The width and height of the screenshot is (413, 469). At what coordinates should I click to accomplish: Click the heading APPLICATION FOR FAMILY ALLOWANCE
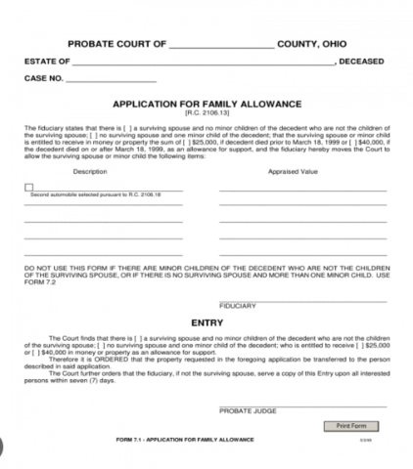click(206, 103)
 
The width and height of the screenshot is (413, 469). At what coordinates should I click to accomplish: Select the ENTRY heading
click(206, 320)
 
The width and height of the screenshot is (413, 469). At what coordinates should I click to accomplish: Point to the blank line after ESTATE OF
click(195, 62)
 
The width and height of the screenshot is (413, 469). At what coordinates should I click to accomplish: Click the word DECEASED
click(362, 62)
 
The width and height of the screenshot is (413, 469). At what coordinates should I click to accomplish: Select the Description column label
click(90, 171)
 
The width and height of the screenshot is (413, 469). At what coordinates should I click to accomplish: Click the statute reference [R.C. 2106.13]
click(206, 113)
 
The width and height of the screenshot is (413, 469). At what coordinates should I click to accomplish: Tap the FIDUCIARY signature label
click(238, 306)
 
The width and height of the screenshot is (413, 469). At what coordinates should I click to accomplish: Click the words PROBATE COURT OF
click(115, 44)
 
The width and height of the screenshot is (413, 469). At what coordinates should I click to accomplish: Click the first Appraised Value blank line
click(302, 190)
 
